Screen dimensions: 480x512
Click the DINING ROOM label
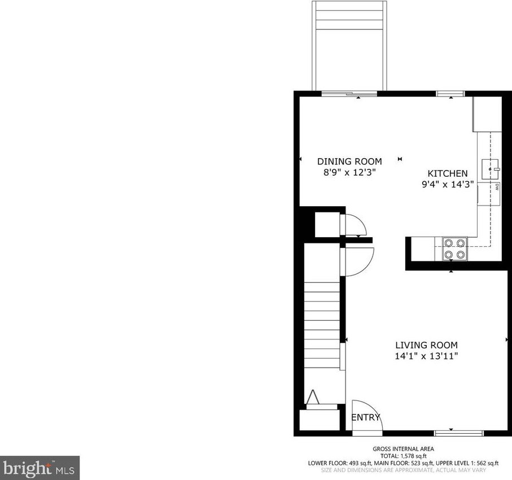349,162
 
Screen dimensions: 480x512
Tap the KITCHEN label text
447,173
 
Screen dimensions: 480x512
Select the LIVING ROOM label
426,345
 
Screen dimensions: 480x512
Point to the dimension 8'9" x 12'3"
349,172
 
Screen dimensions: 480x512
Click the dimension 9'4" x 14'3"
447,184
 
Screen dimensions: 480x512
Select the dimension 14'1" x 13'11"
426,356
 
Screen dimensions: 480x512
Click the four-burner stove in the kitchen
454,248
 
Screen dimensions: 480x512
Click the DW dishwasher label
496,186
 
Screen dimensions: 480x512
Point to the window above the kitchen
450,93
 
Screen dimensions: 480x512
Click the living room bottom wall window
458,433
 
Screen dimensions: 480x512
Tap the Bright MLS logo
40,468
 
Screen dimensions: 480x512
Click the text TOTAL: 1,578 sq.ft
403,456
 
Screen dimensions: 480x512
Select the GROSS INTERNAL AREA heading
403,449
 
